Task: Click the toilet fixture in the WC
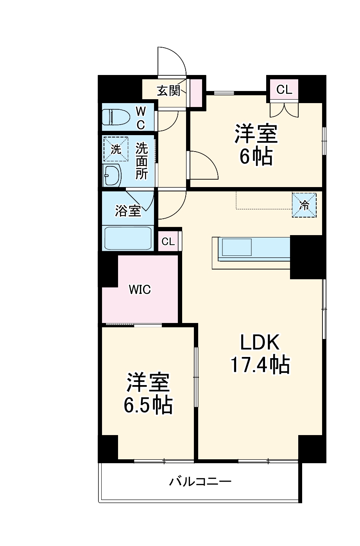click(116, 117)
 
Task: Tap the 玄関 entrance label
click(169, 91)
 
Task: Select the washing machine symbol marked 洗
click(115, 149)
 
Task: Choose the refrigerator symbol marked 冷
click(304, 205)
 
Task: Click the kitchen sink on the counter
click(237, 247)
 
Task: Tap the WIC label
click(140, 290)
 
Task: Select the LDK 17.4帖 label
click(260, 354)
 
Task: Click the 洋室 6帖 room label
click(256, 145)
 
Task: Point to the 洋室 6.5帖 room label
click(148, 394)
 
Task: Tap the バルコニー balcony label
click(200, 481)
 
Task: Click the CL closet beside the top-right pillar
click(284, 90)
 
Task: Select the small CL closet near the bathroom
click(168, 241)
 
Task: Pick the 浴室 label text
click(128, 211)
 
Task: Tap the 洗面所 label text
click(141, 161)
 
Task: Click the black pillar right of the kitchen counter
click(307, 257)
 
